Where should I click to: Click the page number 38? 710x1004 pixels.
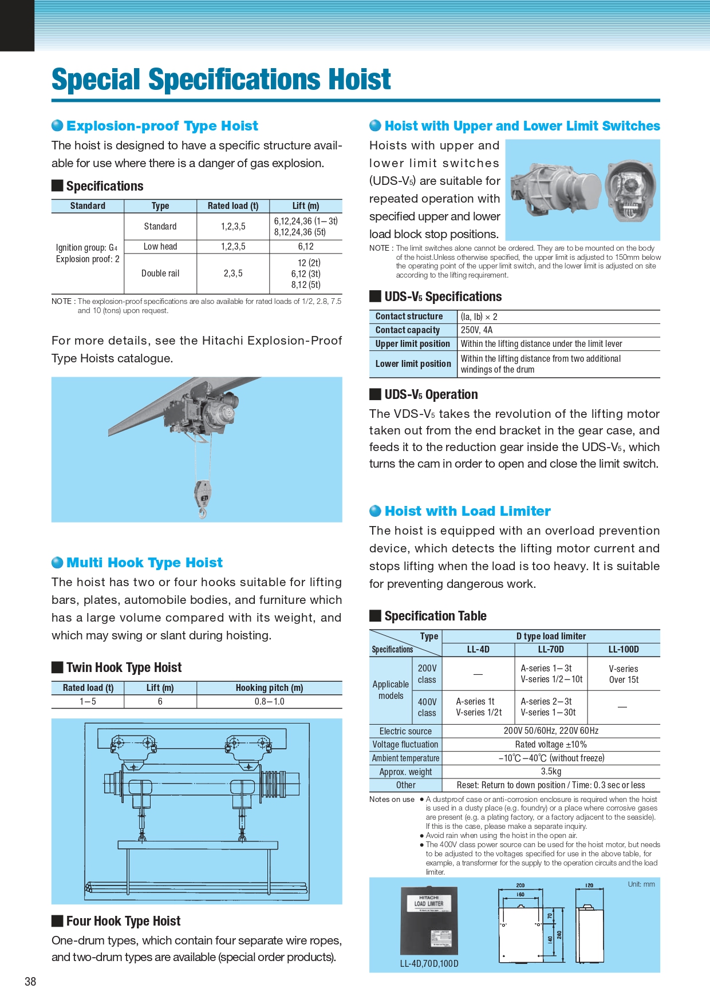30,982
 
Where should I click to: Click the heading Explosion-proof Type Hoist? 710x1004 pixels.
162,126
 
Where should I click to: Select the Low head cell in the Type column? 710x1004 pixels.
160,247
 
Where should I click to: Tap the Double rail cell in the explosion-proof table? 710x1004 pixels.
160,274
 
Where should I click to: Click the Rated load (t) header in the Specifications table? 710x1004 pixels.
233,206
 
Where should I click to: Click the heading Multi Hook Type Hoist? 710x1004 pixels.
144,563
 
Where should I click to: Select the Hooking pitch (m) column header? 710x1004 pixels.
269,688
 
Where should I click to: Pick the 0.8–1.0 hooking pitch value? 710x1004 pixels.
269,702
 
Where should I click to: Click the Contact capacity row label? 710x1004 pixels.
408,330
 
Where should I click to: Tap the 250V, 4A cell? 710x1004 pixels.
476,330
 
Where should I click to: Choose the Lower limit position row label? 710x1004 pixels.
413,364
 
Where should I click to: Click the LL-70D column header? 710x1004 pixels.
551,650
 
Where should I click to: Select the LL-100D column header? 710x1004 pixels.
624,650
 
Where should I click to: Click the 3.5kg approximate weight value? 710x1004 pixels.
551,772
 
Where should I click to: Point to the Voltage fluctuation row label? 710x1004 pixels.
405,745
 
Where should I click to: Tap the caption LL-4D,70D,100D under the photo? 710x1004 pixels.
429,964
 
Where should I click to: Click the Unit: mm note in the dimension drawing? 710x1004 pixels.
641,884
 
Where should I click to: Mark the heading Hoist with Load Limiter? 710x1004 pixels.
467,511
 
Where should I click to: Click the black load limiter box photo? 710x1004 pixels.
429,920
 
